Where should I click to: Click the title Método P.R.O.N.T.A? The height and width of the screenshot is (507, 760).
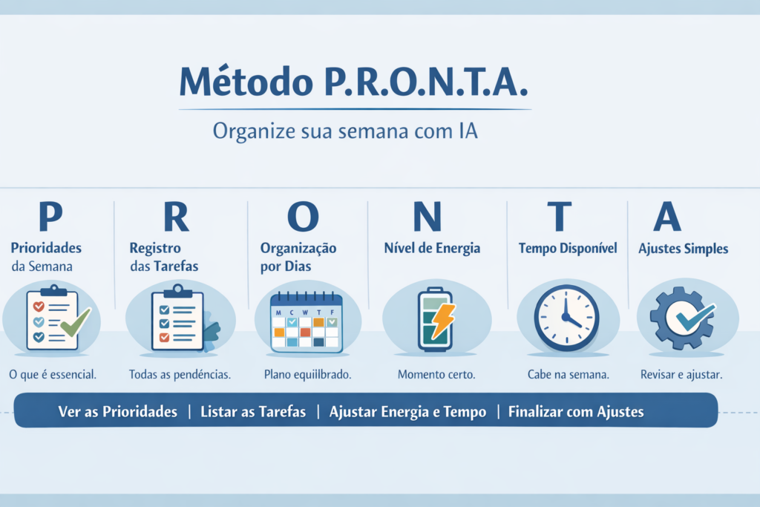(x=353, y=82)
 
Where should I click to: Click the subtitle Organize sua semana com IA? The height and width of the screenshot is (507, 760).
(x=345, y=131)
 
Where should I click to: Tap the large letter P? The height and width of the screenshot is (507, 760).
(x=50, y=216)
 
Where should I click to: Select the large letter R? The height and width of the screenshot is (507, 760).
(x=175, y=216)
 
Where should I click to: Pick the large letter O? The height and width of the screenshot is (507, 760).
(x=302, y=216)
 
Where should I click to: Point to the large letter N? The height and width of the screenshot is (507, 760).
(x=427, y=216)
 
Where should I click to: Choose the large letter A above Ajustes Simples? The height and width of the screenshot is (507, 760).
(x=666, y=216)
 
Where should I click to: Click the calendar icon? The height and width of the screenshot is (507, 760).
(x=306, y=321)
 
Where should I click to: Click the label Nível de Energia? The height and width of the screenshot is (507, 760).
(x=432, y=249)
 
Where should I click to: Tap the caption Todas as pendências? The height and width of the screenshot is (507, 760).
(x=180, y=375)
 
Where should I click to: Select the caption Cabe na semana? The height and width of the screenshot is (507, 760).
(x=568, y=375)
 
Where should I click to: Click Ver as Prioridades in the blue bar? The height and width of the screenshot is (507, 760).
(x=118, y=412)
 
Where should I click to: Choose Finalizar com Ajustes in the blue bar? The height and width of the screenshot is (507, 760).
(x=576, y=412)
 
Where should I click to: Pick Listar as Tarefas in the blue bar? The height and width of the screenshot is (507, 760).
(x=253, y=412)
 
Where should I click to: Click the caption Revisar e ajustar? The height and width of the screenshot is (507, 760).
(x=681, y=375)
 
